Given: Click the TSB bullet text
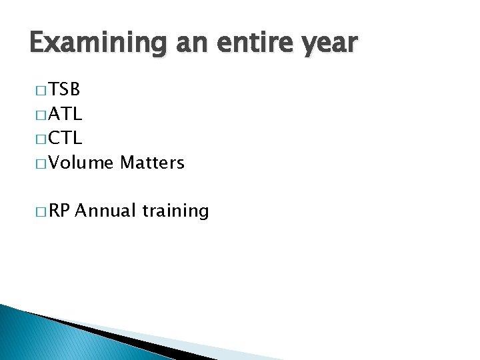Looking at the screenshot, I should [64, 90].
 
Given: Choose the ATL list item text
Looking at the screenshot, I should [64, 114].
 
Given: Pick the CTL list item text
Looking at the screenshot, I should [64, 138].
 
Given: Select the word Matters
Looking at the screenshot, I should [152, 162].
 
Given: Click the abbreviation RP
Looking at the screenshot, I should [60, 211].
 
